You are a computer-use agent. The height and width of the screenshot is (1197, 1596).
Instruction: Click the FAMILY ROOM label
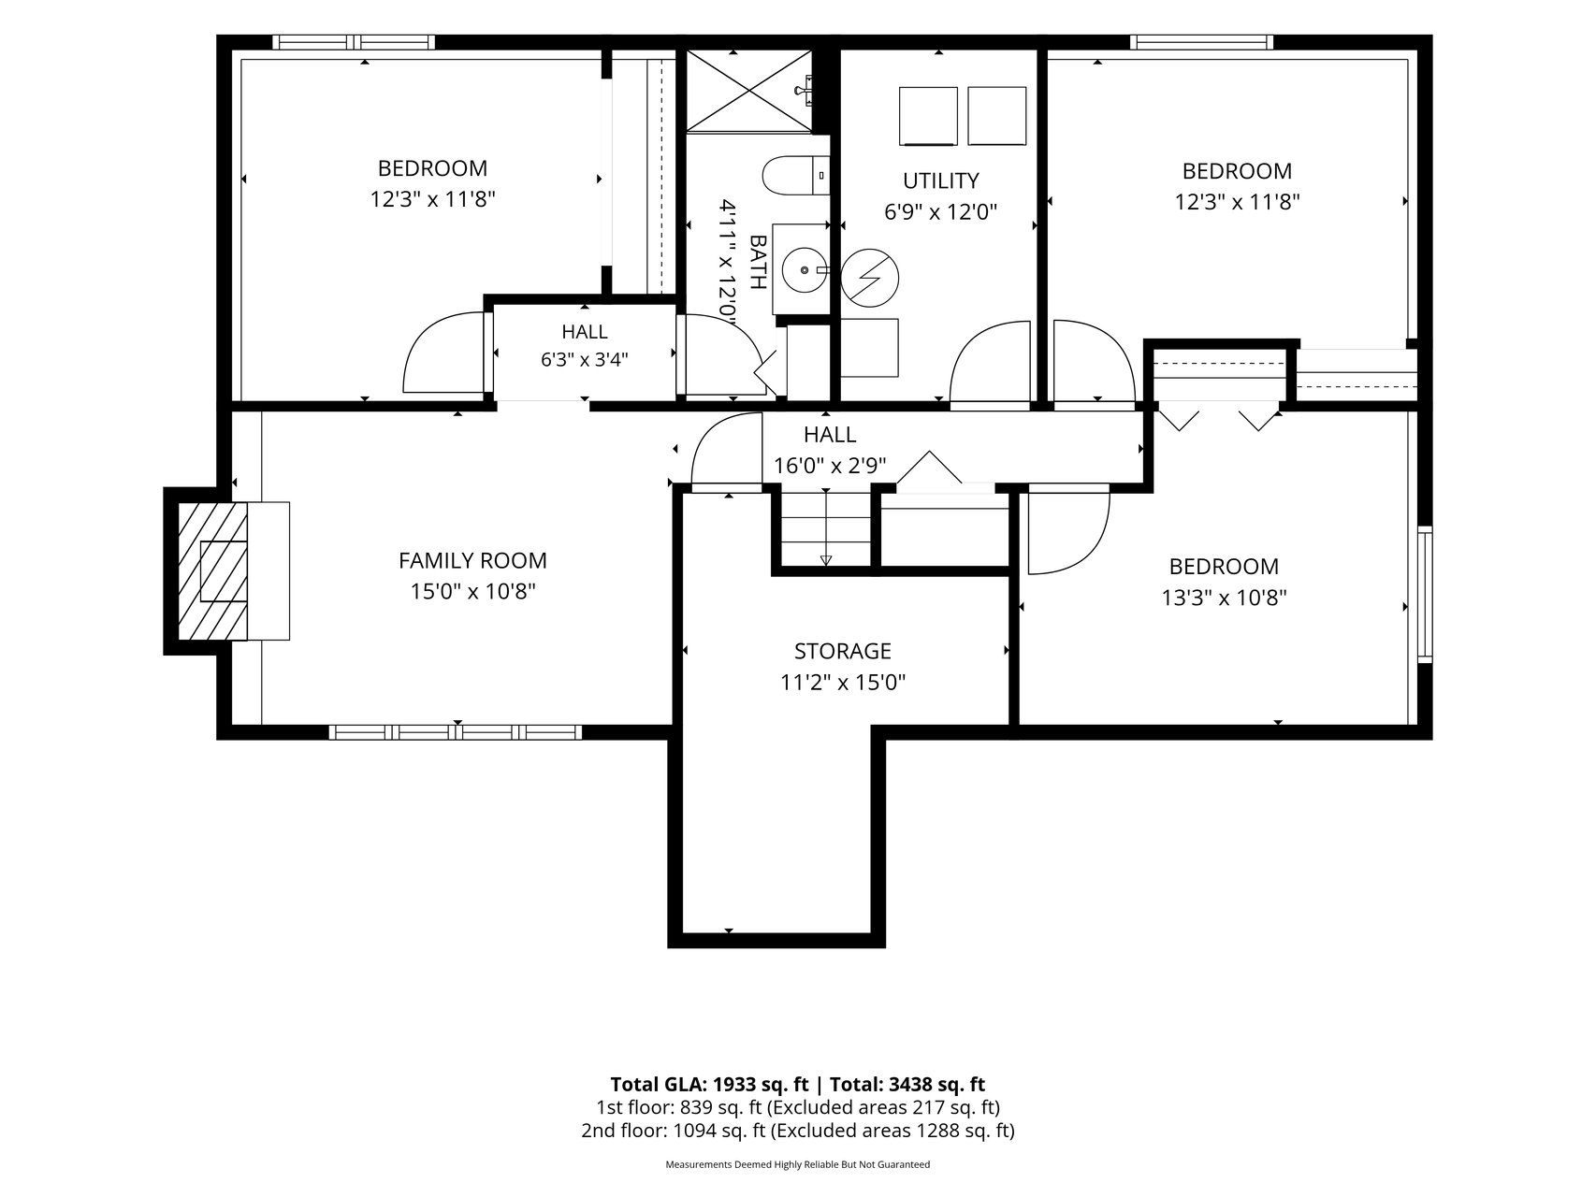[x=472, y=560]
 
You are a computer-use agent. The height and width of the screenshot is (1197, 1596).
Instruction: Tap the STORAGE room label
[x=843, y=651]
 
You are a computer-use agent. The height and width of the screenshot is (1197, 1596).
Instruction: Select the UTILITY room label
[x=941, y=180]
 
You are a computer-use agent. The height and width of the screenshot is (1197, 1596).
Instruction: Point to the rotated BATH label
[x=758, y=262]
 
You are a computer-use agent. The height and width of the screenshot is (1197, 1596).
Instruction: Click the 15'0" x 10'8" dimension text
[x=472, y=591]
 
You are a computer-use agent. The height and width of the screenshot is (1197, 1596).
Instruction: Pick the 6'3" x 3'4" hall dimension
[x=585, y=359]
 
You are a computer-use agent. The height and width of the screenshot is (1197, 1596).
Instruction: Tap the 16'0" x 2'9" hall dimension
[x=830, y=465]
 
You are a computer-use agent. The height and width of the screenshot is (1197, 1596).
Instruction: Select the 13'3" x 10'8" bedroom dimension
[x=1224, y=597]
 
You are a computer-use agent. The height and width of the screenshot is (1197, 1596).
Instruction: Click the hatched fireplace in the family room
[x=212, y=571]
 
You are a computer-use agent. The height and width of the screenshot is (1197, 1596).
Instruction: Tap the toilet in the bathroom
[x=796, y=175]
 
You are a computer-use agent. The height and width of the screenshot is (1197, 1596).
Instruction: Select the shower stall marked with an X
[x=748, y=90]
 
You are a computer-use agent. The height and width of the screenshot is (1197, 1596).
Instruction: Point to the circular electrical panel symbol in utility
[x=869, y=277]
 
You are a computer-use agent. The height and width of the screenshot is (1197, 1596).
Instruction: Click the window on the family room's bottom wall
[x=456, y=732]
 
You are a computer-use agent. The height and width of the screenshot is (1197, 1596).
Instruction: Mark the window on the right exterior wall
[x=1425, y=595]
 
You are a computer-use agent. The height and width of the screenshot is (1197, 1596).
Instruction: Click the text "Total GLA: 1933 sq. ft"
[x=709, y=1085]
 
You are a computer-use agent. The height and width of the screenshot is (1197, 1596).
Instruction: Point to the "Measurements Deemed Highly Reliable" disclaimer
[x=797, y=1165]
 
